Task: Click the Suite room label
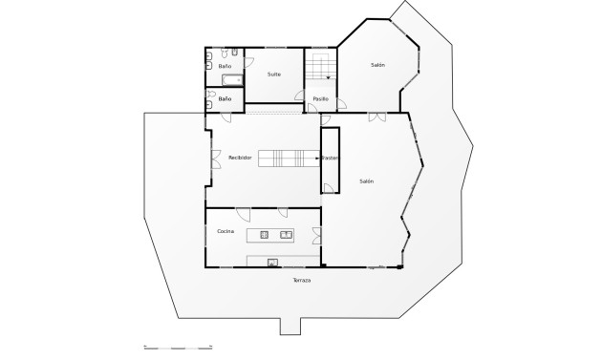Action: tap(274, 74)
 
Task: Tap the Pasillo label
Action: tap(321, 98)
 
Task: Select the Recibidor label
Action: tap(240, 158)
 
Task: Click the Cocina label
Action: tap(226, 231)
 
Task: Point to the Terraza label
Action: tap(302, 280)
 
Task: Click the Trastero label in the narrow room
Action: tap(330, 158)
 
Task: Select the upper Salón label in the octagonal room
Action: tap(377, 65)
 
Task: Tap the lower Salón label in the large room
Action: tap(367, 180)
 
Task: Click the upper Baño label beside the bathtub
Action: tap(225, 66)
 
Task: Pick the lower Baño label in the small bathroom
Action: tap(225, 98)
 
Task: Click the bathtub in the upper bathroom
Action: tap(232, 79)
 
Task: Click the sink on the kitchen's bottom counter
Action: tap(272, 261)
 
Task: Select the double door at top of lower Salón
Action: tap(376, 116)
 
